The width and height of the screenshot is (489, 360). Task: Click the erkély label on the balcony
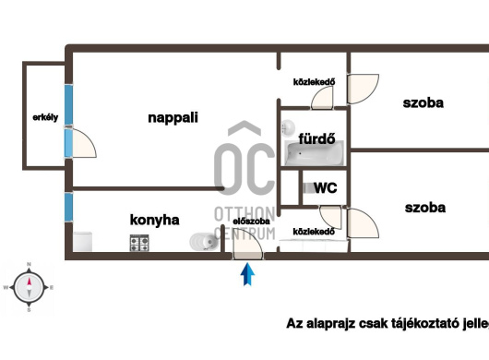click(x=40, y=117)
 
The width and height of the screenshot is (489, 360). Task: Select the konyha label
click(x=155, y=220)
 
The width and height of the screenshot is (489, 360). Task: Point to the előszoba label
click(x=251, y=222)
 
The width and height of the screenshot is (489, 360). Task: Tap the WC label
click(x=325, y=187)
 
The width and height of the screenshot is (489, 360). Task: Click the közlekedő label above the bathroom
click(x=313, y=81)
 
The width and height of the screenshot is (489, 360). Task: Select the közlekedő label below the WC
click(x=311, y=231)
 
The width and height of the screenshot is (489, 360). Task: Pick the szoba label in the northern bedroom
click(x=423, y=102)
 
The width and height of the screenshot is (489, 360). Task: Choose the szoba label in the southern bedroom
click(x=424, y=208)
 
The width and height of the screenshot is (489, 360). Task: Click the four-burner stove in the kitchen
click(x=140, y=244)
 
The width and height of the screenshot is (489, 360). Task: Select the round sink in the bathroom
click(x=288, y=126)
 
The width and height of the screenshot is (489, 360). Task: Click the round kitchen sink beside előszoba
click(x=201, y=243)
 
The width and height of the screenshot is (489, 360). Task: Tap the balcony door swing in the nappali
click(x=84, y=143)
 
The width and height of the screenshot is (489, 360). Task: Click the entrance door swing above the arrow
click(x=247, y=245)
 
